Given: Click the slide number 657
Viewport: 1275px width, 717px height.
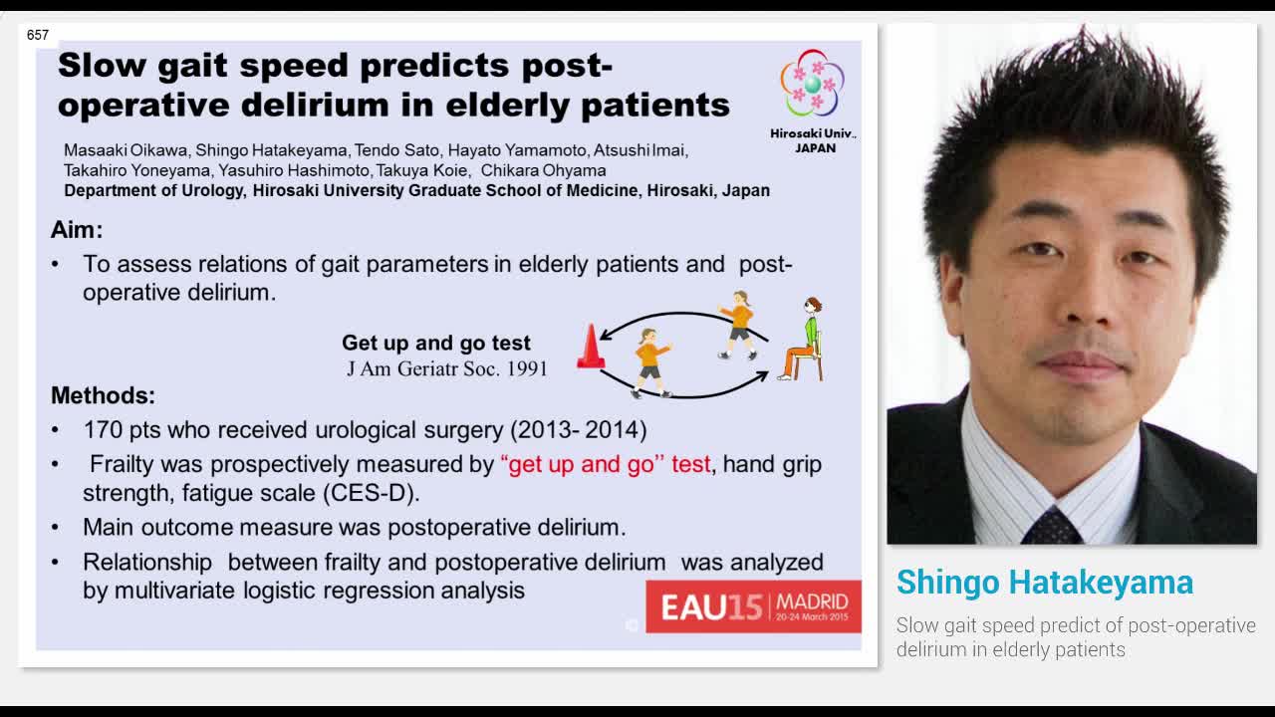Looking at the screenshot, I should (38, 35).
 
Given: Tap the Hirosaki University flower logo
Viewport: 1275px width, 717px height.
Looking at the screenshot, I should (812, 84).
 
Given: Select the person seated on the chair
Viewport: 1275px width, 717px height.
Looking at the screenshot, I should (805, 339).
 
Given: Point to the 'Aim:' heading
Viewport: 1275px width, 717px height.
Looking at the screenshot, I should (77, 229).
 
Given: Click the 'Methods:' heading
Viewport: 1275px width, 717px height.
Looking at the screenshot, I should (103, 395).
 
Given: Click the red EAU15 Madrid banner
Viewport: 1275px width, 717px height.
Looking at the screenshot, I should (753, 606).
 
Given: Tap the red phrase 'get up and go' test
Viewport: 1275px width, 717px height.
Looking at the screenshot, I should (606, 464).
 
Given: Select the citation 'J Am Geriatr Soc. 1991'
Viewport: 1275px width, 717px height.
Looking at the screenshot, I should (447, 368).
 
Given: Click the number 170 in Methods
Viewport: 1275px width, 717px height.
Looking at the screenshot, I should (103, 430).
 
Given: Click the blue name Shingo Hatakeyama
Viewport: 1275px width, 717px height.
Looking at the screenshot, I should (1044, 582).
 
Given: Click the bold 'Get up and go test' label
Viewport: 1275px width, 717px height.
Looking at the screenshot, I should (435, 343).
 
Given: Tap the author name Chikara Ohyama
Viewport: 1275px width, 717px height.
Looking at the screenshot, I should (543, 170).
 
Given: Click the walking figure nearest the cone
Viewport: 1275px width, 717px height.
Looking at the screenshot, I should (650, 361).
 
